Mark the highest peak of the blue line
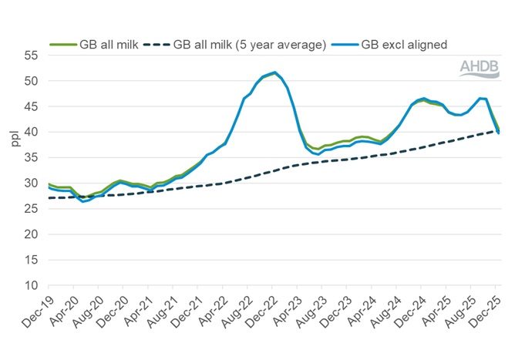[275, 72]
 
